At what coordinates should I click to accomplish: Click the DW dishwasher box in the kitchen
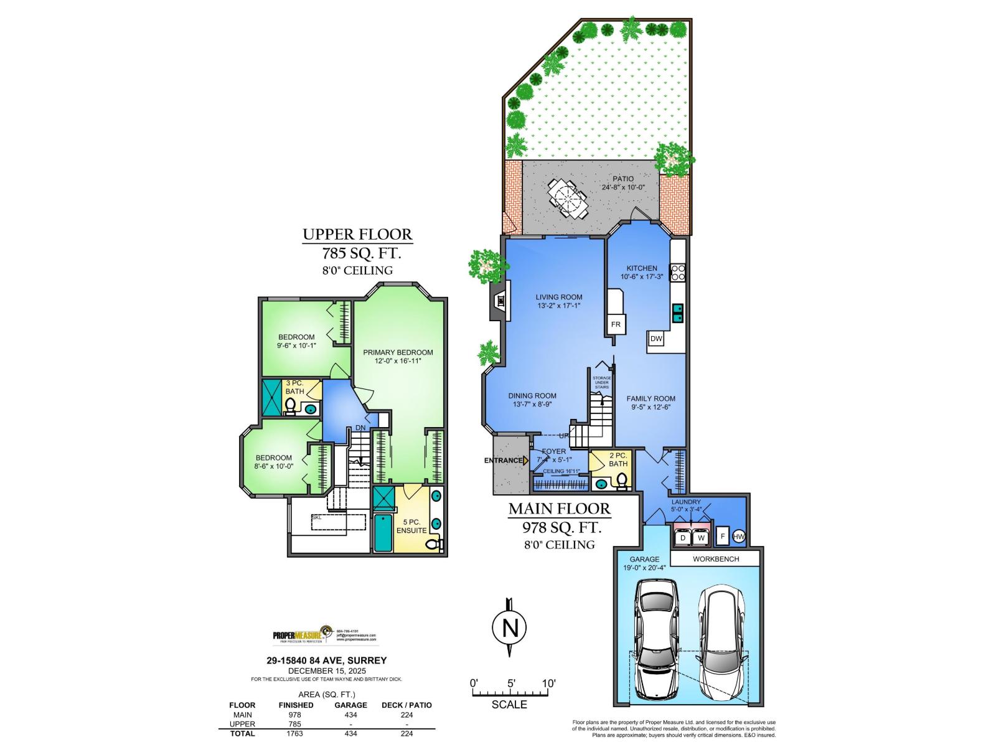(x=655, y=339)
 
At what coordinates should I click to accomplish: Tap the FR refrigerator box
(x=616, y=324)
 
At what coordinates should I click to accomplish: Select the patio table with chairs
(x=568, y=199)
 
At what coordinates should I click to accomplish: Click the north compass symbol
(x=509, y=627)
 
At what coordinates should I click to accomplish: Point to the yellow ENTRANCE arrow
(x=526, y=461)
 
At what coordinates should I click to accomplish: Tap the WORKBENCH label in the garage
(x=716, y=559)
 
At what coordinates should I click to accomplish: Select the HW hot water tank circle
(x=739, y=537)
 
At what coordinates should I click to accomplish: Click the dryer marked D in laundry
(x=682, y=537)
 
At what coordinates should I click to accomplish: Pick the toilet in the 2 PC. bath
(x=621, y=481)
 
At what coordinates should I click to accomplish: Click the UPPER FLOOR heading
(x=357, y=235)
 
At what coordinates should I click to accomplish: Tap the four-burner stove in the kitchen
(x=677, y=273)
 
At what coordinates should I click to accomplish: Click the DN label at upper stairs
(x=360, y=428)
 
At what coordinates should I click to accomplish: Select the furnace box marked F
(x=723, y=536)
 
